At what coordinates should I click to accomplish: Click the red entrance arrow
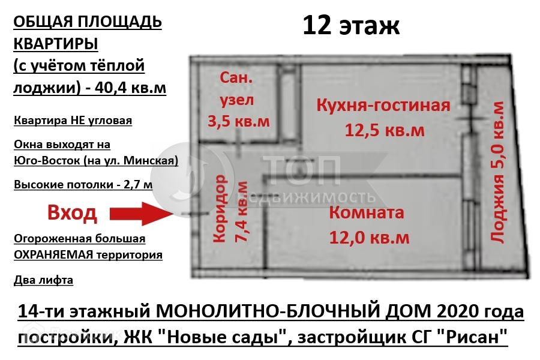click(x=143, y=214)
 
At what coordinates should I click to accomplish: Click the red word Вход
click(x=71, y=214)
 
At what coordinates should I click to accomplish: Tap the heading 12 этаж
click(x=350, y=25)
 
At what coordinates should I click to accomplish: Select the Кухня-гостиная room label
click(x=383, y=106)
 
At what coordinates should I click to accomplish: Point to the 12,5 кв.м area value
click(x=383, y=130)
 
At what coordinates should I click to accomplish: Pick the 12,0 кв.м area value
click(x=370, y=238)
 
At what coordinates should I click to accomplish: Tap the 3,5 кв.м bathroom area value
click(x=238, y=121)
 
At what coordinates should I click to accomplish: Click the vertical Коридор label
click(x=220, y=208)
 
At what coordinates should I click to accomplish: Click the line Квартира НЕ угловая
click(x=73, y=121)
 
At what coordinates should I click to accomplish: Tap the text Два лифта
click(x=43, y=280)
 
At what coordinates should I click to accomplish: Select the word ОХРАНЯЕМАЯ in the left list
click(x=53, y=254)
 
